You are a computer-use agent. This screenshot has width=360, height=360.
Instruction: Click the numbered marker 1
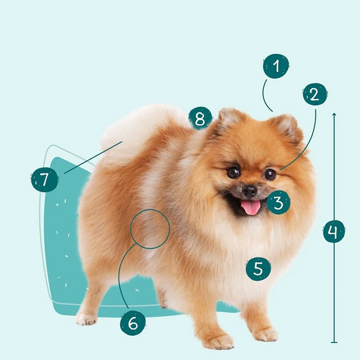pyautogui.click(x=276, y=66)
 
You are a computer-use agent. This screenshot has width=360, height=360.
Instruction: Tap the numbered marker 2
pyautogui.click(x=315, y=94)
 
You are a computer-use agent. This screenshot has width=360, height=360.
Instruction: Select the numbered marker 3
pyautogui.click(x=279, y=203)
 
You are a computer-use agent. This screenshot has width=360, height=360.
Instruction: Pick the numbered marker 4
pyautogui.click(x=334, y=231)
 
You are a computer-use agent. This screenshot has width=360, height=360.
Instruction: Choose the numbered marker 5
pyautogui.click(x=258, y=268)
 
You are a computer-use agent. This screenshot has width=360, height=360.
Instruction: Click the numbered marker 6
pyautogui.click(x=133, y=323)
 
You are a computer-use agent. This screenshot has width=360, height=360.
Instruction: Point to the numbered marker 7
pyautogui.click(x=44, y=179)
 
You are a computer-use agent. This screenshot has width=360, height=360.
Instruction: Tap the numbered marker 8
pyautogui.click(x=200, y=118)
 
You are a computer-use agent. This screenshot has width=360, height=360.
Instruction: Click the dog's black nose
pyautogui.click(x=249, y=191)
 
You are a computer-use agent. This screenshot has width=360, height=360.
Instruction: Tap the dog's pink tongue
pyautogui.click(x=251, y=207)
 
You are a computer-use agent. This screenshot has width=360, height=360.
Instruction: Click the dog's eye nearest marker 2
pyautogui.click(x=269, y=174)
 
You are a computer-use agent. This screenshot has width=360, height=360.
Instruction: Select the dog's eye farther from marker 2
pyautogui.click(x=233, y=172)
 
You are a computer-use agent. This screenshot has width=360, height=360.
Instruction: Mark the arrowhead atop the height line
pyautogui.click(x=334, y=114)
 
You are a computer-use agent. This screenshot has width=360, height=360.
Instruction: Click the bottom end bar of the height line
pyautogui.click(x=334, y=343)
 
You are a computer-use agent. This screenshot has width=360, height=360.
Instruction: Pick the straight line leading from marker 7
pyautogui.click(x=93, y=157)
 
